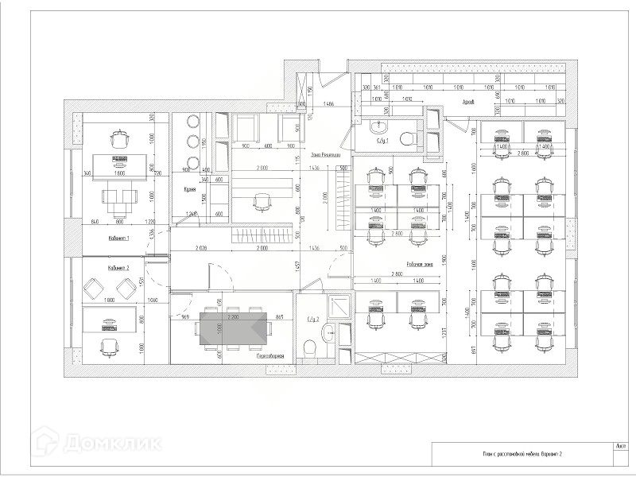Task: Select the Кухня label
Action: pos(190,190)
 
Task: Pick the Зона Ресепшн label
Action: pos(326,154)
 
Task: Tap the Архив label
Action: pos(468,103)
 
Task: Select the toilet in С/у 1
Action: pos(405,139)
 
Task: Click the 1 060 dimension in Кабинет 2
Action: pos(154,300)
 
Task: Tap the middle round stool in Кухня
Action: pos(192,141)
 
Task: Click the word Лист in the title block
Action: pos(620,446)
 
